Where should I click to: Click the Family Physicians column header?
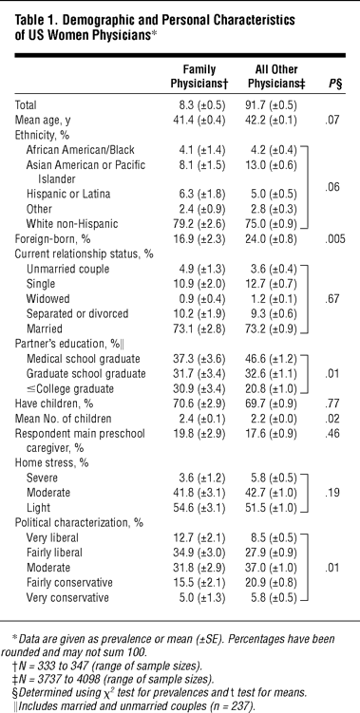point(199,77)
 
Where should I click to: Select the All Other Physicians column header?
point(273,77)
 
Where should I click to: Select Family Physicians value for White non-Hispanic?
point(201,224)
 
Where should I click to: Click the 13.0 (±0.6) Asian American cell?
point(272,164)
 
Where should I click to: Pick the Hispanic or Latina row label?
point(68,195)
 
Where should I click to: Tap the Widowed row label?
point(48,299)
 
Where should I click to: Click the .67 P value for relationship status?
point(335,299)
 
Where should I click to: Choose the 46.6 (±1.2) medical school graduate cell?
point(272,359)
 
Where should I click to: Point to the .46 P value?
point(335,433)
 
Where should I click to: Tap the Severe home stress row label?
point(43,478)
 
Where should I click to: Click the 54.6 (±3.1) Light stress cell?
point(201,508)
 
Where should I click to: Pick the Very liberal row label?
point(53,538)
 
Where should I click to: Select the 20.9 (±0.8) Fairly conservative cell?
point(272,583)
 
